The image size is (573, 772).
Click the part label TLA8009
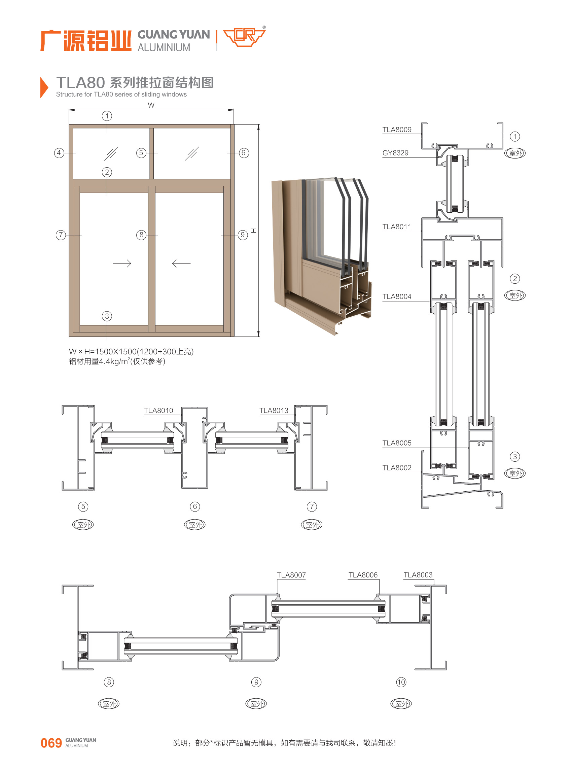point(397,130)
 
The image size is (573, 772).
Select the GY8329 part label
point(395,153)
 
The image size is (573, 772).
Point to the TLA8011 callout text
point(397,227)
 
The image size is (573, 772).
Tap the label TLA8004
point(397,297)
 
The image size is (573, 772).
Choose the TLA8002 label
point(397,468)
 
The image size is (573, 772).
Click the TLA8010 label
point(158,411)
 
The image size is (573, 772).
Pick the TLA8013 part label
point(274,411)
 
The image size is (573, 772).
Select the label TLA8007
point(291,575)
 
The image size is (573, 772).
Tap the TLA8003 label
point(418,575)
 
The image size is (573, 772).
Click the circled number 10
point(401,682)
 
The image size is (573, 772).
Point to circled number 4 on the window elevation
point(59,153)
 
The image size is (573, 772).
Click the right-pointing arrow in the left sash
point(122,264)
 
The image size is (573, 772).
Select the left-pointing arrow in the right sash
point(181,264)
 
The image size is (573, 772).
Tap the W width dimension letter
point(151,105)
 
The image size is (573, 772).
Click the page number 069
point(51,743)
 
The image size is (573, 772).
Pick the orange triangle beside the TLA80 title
point(44,88)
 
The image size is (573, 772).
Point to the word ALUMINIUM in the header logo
point(164,47)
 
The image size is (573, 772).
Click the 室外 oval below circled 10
point(401,704)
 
